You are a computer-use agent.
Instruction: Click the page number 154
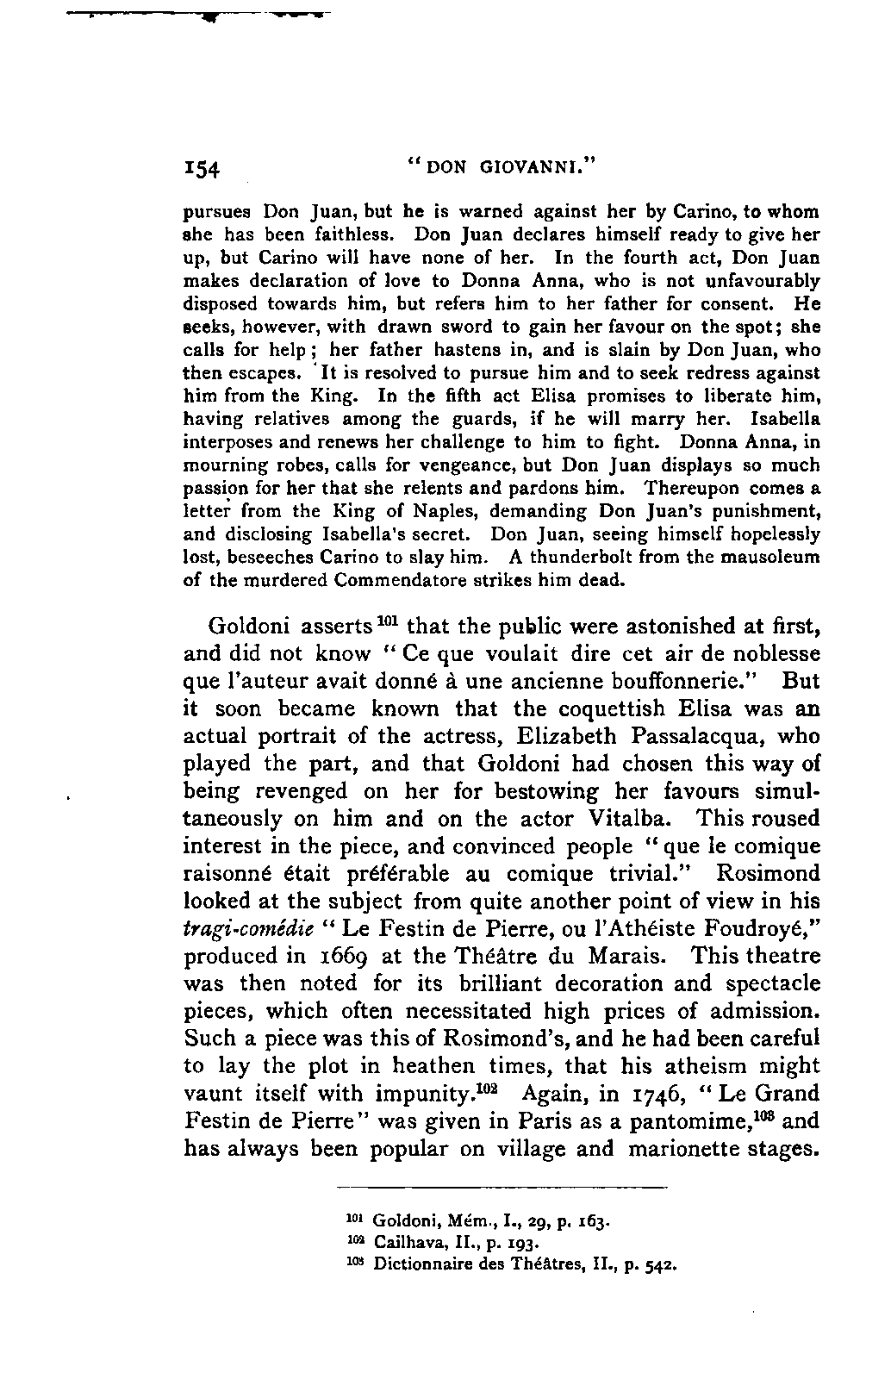[x=202, y=169]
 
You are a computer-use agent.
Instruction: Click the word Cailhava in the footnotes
[x=404, y=1244]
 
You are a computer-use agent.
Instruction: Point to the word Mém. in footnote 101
[x=463, y=1221]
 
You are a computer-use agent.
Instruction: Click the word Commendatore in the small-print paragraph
[x=391, y=580]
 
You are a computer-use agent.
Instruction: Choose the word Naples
[x=434, y=511]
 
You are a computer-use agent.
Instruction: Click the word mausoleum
[x=776, y=557]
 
